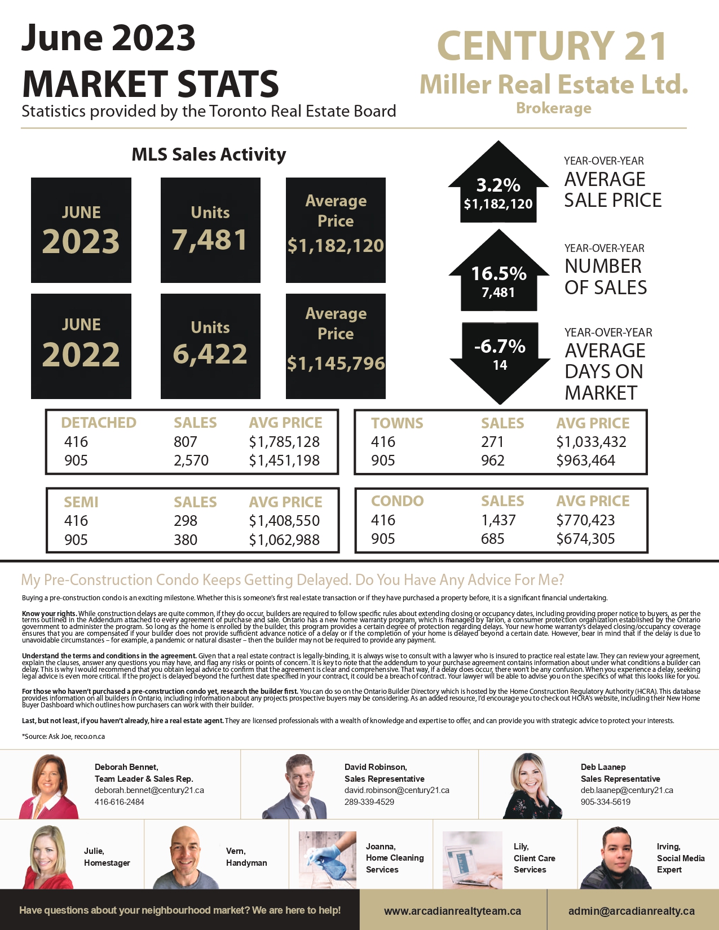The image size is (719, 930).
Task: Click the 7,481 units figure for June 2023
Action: click(x=210, y=240)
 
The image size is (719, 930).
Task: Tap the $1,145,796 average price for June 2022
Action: click(x=336, y=364)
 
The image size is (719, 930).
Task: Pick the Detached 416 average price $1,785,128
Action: click(x=284, y=442)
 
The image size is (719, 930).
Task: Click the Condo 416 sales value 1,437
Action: click(x=498, y=520)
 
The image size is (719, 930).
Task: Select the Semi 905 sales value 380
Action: click(x=186, y=540)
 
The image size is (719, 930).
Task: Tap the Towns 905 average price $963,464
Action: click(x=585, y=460)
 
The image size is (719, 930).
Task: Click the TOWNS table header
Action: click(x=397, y=423)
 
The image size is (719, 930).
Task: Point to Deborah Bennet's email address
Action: click(x=149, y=790)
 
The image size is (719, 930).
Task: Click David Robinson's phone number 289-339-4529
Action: click(x=369, y=801)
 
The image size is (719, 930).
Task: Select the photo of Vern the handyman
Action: click(x=186, y=857)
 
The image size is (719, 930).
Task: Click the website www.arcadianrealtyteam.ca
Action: click(x=452, y=911)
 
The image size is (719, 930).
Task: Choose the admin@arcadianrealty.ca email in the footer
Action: click(x=631, y=911)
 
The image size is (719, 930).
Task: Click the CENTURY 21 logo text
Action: click(x=552, y=46)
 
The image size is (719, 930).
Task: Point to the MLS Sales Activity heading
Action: click(x=209, y=154)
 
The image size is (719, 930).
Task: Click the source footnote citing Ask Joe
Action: click(x=64, y=736)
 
